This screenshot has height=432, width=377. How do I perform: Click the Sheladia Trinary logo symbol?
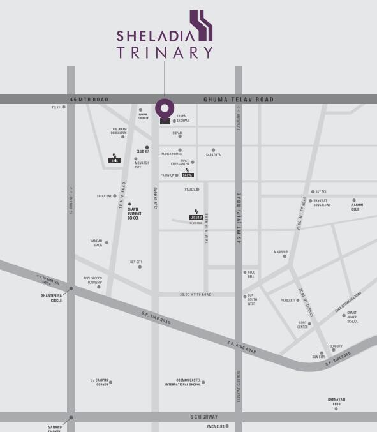[201, 26]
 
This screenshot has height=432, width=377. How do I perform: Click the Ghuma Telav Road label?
[238, 100]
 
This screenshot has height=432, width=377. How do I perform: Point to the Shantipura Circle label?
[52, 297]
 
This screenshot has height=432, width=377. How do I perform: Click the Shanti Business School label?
[133, 213]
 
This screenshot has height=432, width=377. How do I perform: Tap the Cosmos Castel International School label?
[183, 382]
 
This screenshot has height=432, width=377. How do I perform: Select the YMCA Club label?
[216, 426]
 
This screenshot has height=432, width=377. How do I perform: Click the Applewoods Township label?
[92, 280]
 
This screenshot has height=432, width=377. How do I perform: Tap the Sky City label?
[136, 262]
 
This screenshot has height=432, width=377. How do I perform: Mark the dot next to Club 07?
[147, 147]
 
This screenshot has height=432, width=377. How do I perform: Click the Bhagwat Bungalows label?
[322, 203]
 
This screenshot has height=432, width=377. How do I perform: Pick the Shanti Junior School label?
[352, 317]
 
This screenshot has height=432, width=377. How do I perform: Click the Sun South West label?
[251, 300]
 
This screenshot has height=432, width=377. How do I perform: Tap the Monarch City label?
[142, 165]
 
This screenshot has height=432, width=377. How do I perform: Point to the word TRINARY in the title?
[165, 52]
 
